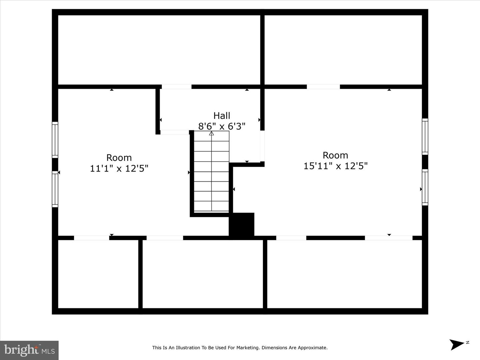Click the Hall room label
[222, 116]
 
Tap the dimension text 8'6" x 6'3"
[222, 126]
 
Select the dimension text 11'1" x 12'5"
[119, 168]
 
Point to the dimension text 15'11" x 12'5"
[335, 166]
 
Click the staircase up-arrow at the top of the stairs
[211, 134]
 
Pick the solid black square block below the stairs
[242, 225]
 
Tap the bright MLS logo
[29, 350]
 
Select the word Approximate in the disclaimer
[312, 348]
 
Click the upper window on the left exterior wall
[55, 140]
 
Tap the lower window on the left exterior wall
[55, 189]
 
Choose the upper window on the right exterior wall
[425, 136]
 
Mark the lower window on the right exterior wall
[425, 187]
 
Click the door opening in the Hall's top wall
[177, 87]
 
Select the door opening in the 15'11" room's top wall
[323, 87]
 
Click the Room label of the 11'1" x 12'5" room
[119, 158]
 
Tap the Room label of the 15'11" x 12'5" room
[335, 155]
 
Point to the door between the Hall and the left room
[175, 132]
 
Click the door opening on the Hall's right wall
[262, 146]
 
